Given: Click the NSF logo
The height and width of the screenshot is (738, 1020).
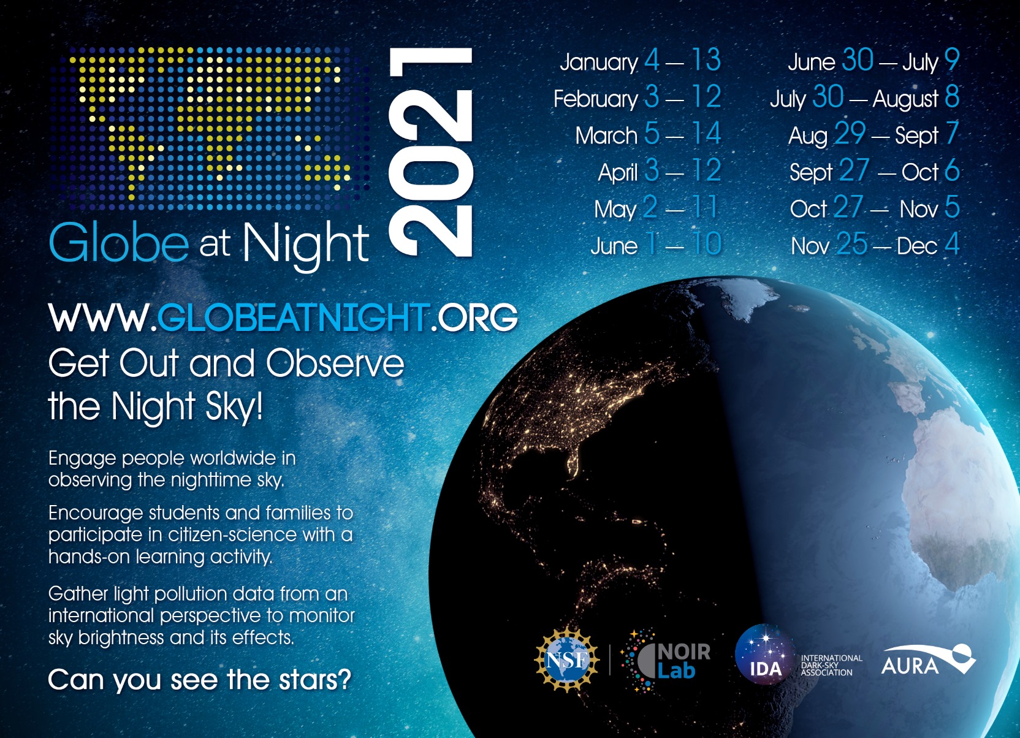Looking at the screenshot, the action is coord(567,660).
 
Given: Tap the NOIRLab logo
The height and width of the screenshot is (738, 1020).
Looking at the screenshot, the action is coord(666,661).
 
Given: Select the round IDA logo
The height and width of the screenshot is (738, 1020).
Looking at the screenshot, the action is coord(766,654).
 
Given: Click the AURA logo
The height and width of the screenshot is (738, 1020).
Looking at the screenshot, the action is coord(929,660).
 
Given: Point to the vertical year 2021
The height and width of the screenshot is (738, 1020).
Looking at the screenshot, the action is coord(431,152).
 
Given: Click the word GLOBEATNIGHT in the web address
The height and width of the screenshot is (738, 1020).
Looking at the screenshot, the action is coord(292,317).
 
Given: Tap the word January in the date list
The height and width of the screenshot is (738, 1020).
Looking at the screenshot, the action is coord(599,62).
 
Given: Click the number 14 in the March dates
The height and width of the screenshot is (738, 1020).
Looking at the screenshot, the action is coord(707,134).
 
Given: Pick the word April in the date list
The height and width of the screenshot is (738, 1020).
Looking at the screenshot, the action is coord(618,173).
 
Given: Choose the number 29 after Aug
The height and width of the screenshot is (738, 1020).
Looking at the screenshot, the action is coord(850,134).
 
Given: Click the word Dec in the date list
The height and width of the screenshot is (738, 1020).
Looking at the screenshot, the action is coord(917,246).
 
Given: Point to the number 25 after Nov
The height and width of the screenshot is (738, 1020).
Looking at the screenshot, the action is coord(852,244).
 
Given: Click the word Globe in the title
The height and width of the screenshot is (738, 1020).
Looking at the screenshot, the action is coord(119,242).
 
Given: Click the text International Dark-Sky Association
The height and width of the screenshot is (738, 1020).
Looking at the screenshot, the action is coord(831,665).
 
